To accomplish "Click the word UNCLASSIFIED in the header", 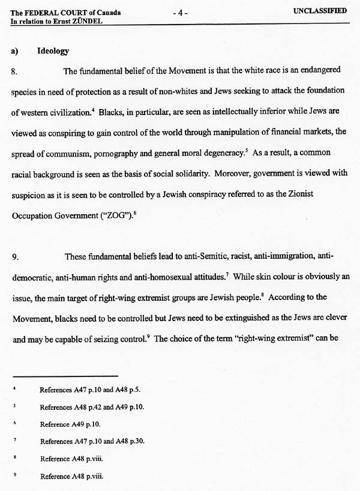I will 320,10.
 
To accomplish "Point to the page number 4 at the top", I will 179,13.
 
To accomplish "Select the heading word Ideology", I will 53,51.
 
